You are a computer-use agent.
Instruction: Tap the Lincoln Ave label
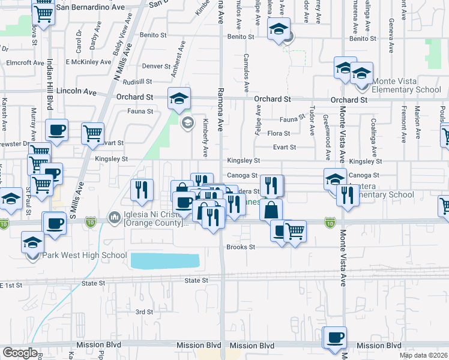coord(76,92)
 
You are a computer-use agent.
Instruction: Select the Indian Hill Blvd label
coord(50,83)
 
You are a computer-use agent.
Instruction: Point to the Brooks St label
coord(241,247)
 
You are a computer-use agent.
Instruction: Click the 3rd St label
coord(144,312)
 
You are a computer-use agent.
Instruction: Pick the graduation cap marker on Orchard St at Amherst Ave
coord(179,99)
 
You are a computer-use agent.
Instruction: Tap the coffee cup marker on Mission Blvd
coord(336,337)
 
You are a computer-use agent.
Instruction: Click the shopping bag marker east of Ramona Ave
coord(271,211)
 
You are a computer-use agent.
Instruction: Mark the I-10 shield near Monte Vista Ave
coord(330,223)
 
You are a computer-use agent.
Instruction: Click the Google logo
coord(20,353)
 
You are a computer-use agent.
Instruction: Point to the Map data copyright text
coord(423,355)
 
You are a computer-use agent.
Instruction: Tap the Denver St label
coord(157,66)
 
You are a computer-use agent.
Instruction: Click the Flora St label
coord(279,133)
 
